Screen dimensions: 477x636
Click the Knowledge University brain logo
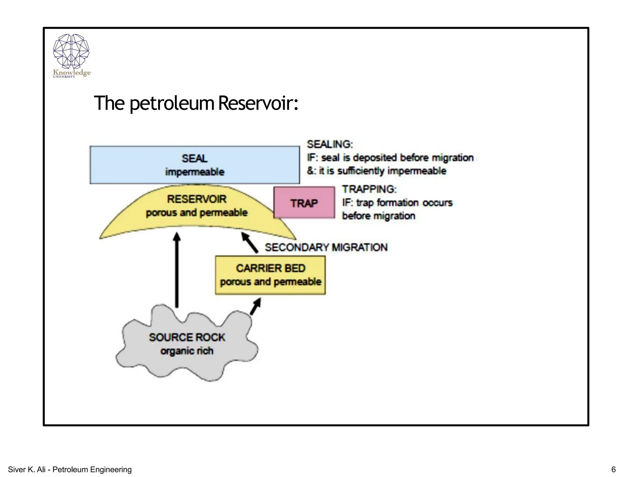click(x=71, y=52)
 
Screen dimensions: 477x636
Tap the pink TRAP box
click(x=304, y=203)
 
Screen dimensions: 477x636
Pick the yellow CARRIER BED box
click(x=270, y=275)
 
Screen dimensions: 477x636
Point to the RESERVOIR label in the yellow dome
click(x=197, y=199)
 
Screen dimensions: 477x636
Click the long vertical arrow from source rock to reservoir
click(x=177, y=270)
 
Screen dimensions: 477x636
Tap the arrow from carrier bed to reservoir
click(x=250, y=243)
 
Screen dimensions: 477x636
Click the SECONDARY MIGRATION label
click(x=326, y=248)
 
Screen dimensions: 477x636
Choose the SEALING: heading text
click(x=330, y=144)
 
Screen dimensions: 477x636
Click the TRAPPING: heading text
click(x=369, y=189)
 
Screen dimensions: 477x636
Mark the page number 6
click(x=613, y=469)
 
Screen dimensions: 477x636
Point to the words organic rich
click(x=187, y=351)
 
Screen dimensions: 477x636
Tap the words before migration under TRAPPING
click(x=379, y=216)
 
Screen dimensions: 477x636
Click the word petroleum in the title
click(x=172, y=104)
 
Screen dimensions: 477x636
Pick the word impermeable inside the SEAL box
click(x=195, y=172)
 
